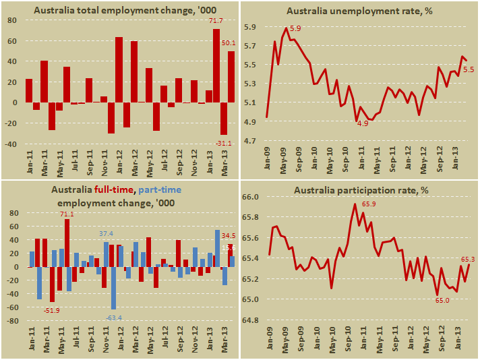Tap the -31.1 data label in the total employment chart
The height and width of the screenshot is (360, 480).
point(224,142)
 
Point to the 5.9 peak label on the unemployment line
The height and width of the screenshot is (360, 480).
point(295,28)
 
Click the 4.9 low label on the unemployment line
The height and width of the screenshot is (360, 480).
point(363,124)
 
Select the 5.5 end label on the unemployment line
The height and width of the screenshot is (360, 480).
point(469,69)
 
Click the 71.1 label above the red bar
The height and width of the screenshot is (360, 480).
point(67,214)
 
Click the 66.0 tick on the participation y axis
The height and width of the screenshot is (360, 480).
point(251,197)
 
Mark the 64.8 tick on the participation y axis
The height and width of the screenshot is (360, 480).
point(251,320)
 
